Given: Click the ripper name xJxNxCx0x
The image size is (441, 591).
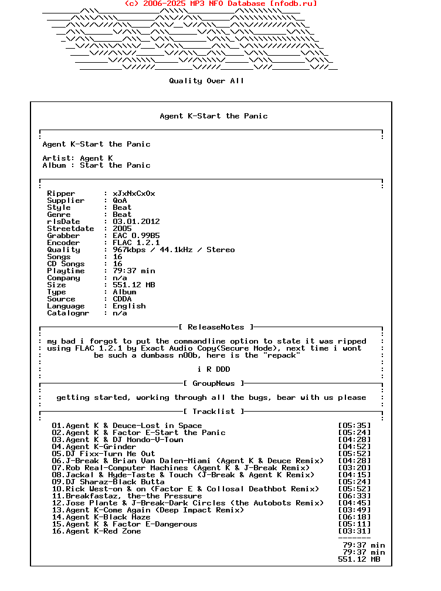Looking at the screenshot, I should [x=134, y=193].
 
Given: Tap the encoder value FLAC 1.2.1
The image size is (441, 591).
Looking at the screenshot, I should [x=136, y=243].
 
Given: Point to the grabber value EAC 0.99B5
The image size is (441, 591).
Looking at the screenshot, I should [x=136, y=236].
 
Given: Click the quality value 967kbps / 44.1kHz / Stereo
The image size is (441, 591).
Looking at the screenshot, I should [x=174, y=250].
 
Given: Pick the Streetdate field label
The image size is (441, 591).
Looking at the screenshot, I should [x=70, y=229].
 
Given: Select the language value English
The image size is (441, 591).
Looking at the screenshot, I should [x=129, y=306].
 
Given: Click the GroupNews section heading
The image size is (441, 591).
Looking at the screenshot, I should [x=213, y=383].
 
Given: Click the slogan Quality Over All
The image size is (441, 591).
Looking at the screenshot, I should [x=206, y=81].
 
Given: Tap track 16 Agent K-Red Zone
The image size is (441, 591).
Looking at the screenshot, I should [x=96, y=531].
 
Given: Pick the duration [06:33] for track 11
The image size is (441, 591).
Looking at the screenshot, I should [x=354, y=496].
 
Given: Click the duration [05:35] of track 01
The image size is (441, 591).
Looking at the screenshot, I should [x=354, y=426].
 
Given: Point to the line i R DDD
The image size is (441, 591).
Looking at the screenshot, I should [x=213, y=369].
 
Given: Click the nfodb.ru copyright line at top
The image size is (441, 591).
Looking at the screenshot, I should [x=221, y=4].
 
